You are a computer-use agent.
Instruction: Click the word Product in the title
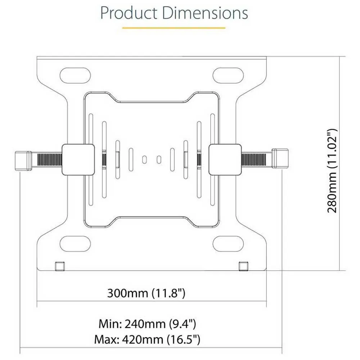tap(129, 13)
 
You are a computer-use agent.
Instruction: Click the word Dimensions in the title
tap(205, 13)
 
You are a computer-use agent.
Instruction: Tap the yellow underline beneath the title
tap(174, 27)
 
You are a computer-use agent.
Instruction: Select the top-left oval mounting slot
tap(75, 76)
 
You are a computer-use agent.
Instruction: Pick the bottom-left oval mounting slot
tap(75, 244)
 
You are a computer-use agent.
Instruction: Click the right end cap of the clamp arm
tap(281, 158)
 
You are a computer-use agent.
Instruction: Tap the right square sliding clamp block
tap(225, 159)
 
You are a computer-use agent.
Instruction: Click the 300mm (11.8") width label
tap(146, 293)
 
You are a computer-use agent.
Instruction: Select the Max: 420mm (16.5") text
tap(147, 339)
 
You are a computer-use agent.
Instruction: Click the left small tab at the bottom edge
tap(59, 266)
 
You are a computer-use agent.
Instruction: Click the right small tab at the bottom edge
tap(243, 266)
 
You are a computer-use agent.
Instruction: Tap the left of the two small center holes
tap(144, 159)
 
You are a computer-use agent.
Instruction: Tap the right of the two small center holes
tap(159, 159)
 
